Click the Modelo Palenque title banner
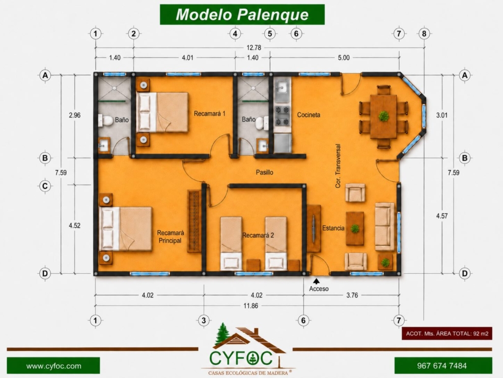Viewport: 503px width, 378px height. [242, 14]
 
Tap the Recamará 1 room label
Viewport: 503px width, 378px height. [209, 114]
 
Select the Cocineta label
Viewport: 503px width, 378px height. [308, 115]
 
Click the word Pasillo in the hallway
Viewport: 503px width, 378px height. [265, 172]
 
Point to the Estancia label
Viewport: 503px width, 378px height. [334, 228]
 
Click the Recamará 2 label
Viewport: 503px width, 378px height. [258, 235]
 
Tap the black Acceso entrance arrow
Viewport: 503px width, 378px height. [316, 282]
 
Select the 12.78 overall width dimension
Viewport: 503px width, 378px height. [254, 48]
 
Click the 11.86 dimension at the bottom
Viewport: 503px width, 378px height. [251, 306]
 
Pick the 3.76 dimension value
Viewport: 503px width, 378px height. [352, 295]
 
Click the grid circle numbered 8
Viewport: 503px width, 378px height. [424, 33]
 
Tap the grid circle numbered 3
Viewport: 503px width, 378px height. [204, 320]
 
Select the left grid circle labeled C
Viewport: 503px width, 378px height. [45, 186]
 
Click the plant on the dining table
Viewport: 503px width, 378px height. [383, 116]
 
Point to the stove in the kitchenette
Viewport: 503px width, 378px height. [282, 116]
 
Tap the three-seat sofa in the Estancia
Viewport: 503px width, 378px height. [385, 226]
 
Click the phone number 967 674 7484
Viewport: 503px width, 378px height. [442, 366]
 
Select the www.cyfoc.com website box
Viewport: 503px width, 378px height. [53, 366]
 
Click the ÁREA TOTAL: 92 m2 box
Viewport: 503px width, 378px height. [447, 334]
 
